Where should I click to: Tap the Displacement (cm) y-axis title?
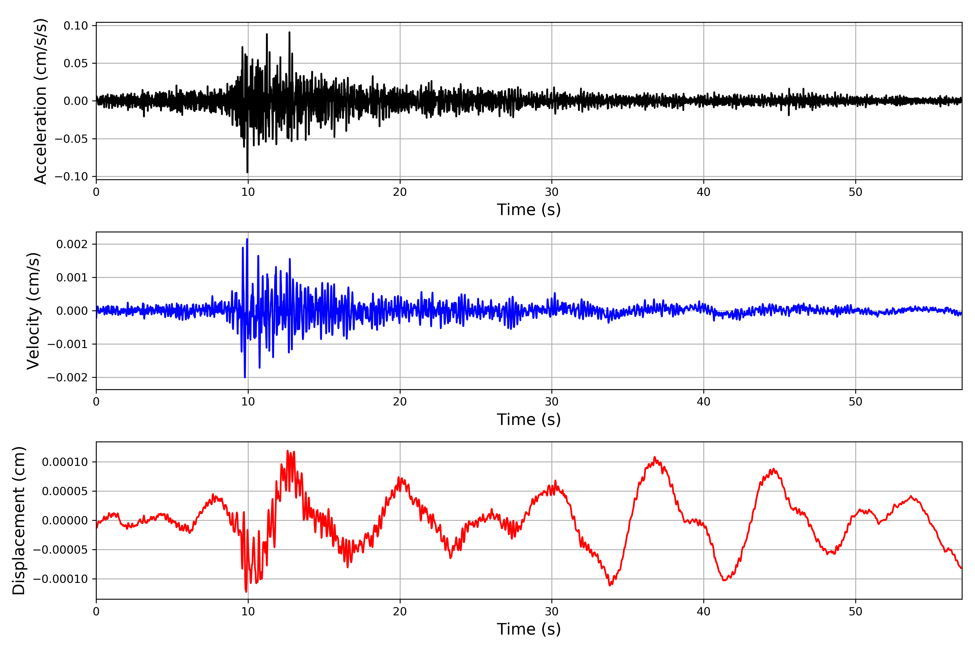(x=19, y=521)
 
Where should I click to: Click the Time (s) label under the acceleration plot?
(x=529, y=210)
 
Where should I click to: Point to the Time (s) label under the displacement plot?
(x=529, y=629)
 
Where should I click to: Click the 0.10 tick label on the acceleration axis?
(x=76, y=26)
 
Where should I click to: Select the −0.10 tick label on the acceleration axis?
(x=71, y=177)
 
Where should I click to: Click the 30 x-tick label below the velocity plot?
(x=552, y=402)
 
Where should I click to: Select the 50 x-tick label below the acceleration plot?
(x=855, y=192)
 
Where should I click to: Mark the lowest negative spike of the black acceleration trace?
(x=248, y=172)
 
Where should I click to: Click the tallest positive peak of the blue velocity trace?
(x=247, y=239)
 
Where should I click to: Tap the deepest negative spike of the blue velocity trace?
(x=245, y=377)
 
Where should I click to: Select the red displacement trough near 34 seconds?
(x=610, y=585)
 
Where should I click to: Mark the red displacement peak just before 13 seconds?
(x=287, y=451)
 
